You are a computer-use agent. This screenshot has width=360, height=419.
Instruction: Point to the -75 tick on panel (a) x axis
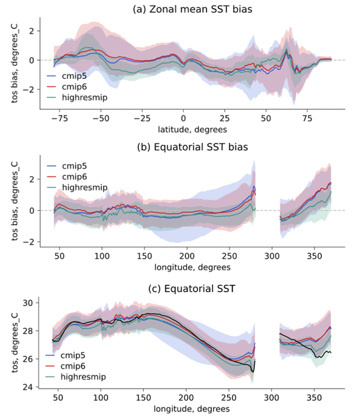click(x=59, y=118)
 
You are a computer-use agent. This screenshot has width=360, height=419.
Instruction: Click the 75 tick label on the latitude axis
click(x=308, y=118)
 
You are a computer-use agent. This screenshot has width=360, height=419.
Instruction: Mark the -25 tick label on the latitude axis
click(x=141, y=118)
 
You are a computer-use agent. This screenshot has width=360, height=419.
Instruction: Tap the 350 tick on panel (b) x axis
click(x=314, y=257)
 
